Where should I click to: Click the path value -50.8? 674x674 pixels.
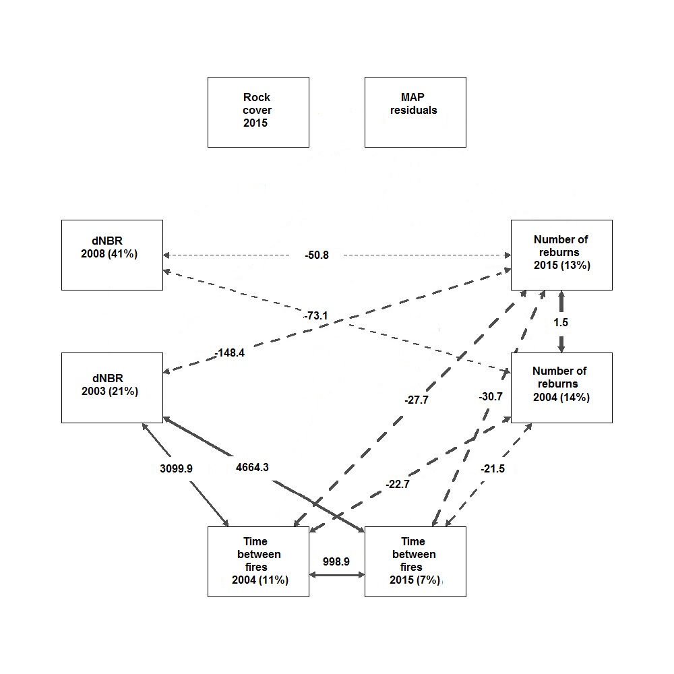click(317, 255)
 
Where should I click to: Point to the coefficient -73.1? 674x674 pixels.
click(316, 315)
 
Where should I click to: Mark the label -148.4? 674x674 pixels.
click(230, 353)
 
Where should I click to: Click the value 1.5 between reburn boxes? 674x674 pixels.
click(561, 322)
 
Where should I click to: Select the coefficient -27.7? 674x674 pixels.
click(417, 400)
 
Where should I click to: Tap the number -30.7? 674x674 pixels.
click(491, 396)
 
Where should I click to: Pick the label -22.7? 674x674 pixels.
click(398, 484)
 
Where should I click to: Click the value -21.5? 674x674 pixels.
click(493, 468)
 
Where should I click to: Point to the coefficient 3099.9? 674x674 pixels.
click(176, 468)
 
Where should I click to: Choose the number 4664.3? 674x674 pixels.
click(252, 467)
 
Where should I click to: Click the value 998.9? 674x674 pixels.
click(336, 561)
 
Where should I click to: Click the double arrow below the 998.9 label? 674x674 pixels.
click(337, 575)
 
